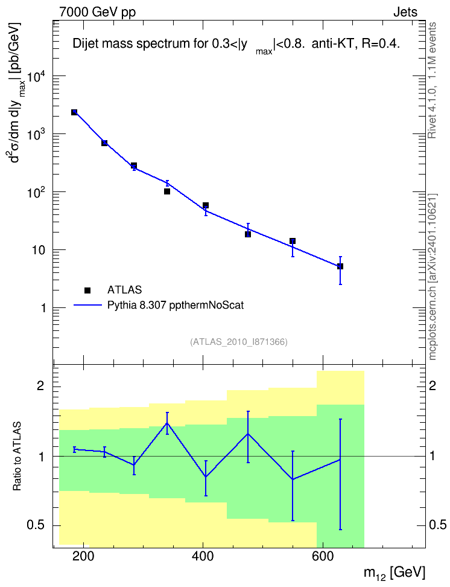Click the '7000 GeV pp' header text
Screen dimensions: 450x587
point(97,12)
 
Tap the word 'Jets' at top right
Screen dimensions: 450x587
point(405,12)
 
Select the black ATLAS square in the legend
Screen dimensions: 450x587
point(87,290)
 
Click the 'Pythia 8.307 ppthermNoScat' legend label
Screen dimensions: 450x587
point(176,306)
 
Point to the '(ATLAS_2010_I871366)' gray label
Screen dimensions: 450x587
point(239,342)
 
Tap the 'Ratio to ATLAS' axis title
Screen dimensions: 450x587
point(17,456)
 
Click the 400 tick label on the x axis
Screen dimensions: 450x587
point(203,556)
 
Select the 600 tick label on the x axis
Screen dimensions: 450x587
point(323,556)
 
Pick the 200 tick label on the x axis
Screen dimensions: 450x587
point(83,556)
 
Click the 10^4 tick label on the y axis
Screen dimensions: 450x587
point(37,77)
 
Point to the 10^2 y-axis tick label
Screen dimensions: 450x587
point(37,193)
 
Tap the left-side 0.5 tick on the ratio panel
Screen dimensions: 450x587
point(37,525)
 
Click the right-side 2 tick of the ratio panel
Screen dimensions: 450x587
point(433,385)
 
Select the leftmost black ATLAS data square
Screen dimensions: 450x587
point(74,112)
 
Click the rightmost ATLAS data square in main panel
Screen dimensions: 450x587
point(340,266)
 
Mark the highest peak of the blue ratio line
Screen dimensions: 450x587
point(167,423)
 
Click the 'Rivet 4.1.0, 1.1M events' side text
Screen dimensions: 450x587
point(433,80)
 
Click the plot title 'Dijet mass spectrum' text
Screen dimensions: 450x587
point(132,44)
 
